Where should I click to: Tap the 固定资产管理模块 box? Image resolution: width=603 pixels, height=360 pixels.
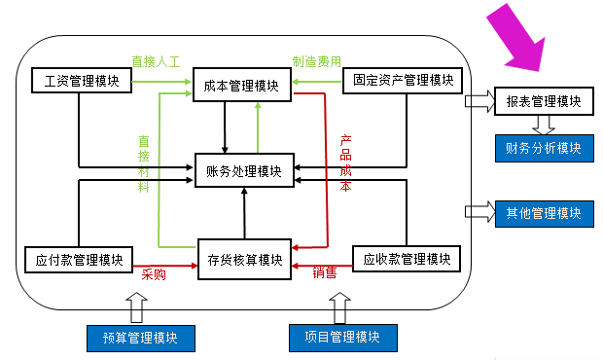point(405,80)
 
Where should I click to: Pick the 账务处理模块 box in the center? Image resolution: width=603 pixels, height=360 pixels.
point(244,171)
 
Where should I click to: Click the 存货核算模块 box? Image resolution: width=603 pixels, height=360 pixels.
point(245,260)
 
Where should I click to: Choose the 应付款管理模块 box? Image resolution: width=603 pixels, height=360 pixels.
point(78,260)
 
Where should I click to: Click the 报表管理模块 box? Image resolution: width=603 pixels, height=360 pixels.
point(543,101)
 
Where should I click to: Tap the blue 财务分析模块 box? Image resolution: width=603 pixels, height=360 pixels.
point(543,148)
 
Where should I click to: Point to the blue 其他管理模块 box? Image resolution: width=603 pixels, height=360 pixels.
point(543,212)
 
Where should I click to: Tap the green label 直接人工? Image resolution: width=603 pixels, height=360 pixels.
point(159,61)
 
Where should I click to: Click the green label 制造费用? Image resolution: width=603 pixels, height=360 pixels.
point(317,61)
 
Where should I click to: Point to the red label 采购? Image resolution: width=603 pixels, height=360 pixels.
point(155,275)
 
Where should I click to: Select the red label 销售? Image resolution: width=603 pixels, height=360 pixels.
point(325,274)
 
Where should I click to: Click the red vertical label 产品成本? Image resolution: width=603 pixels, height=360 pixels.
point(345,162)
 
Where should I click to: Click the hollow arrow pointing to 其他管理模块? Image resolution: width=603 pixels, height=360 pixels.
point(479,211)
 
